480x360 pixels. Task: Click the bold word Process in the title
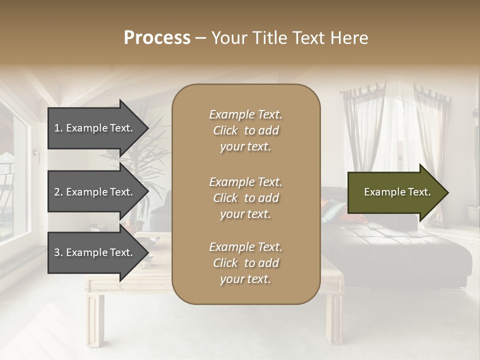[157, 37]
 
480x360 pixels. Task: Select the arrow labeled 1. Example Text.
[95, 128]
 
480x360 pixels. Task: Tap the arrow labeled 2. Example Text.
[95, 192]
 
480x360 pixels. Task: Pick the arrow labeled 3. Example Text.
[95, 252]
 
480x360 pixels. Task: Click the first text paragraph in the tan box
[245, 130]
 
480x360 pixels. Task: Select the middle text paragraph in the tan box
[245, 197]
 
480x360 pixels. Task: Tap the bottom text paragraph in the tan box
[245, 263]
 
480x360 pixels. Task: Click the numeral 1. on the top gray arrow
[58, 128]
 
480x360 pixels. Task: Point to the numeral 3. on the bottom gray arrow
[58, 252]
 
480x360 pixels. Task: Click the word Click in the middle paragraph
[225, 198]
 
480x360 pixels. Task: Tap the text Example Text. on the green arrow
[397, 192]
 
